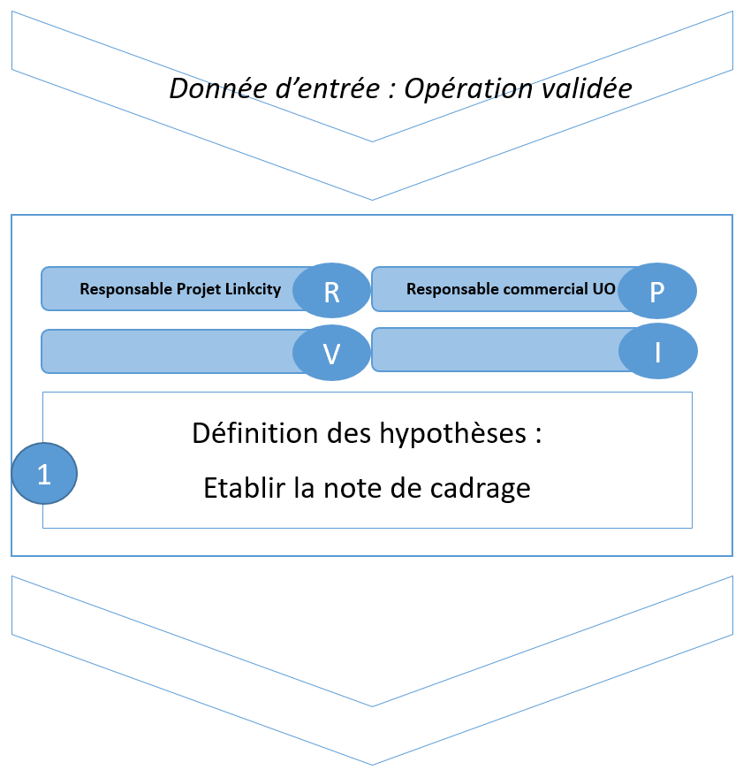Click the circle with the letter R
(331, 290)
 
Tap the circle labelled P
(657, 291)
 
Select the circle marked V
(331, 354)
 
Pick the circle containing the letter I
(657, 352)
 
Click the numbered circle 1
(44, 474)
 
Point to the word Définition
(241, 434)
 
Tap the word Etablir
(239, 488)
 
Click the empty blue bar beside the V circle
(168, 351)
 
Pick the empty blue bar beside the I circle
(496, 349)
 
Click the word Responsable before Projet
(122, 289)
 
